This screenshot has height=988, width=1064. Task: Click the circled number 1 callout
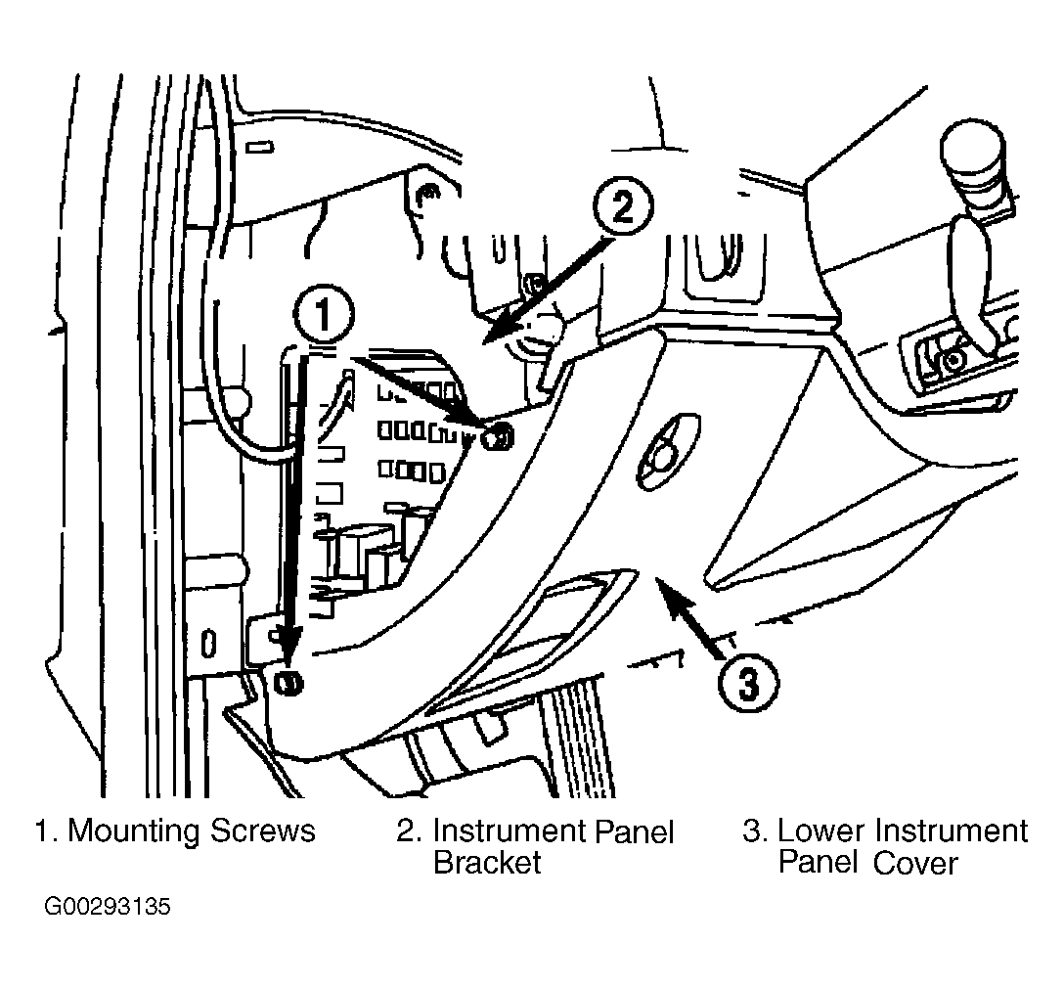[x=323, y=314]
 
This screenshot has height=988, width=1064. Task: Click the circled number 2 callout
[x=623, y=206]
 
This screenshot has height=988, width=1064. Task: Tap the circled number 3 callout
[x=748, y=683]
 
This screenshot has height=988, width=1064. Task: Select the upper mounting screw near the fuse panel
[x=497, y=434]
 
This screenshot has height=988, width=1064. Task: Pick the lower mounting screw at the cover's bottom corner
[x=288, y=681]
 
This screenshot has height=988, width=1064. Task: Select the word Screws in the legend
[x=263, y=831]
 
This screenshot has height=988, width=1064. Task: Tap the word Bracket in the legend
[x=487, y=863]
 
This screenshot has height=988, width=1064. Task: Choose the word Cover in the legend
[x=915, y=863]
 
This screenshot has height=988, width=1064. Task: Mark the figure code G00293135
[x=108, y=907]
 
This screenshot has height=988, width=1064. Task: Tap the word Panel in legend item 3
[x=819, y=863]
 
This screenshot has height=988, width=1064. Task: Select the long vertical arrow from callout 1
[x=293, y=509]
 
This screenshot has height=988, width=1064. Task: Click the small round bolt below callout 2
[x=534, y=283]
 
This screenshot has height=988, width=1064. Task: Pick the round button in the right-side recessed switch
[x=953, y=360]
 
